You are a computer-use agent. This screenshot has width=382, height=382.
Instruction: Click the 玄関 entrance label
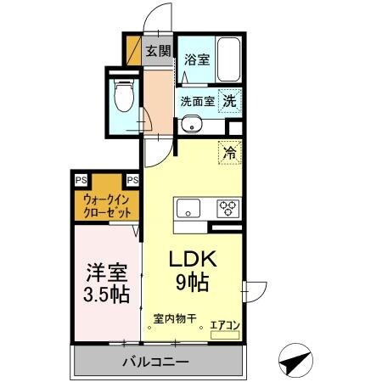157,50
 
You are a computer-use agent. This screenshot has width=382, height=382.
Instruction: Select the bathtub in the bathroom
228,59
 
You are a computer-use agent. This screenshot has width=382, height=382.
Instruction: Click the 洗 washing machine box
229,100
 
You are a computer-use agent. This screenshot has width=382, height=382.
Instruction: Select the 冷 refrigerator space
228,153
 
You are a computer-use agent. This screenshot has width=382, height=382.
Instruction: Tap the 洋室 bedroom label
106,273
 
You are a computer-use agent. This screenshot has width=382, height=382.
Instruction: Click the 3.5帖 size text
106,295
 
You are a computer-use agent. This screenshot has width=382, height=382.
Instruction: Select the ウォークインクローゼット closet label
106,205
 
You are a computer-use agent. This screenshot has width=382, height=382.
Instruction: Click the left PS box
80,179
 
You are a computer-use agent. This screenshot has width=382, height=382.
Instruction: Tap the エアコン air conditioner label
225,323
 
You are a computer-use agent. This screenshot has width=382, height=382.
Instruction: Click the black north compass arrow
292,361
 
